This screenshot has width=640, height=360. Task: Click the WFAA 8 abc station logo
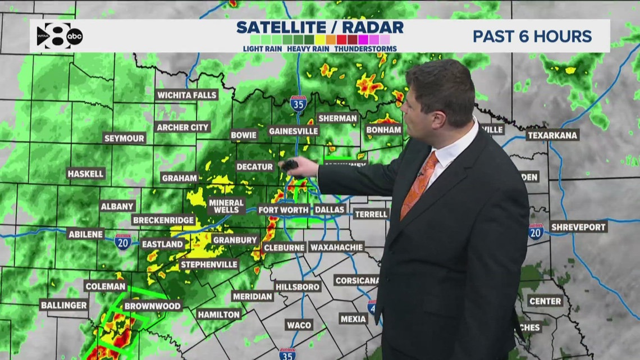point(60,35)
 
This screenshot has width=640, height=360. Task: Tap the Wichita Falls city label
point(187,95)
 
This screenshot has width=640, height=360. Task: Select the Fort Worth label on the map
point(283,210)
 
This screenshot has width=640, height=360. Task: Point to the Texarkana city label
point(552,135)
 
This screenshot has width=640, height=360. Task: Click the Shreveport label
point(578,227)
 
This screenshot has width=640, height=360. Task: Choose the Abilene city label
point(86,234)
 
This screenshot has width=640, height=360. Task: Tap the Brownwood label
point(152,306)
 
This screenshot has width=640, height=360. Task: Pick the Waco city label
point(299,325)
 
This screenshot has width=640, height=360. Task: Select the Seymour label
point(124,138)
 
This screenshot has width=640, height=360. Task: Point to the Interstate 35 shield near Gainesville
point(298,103)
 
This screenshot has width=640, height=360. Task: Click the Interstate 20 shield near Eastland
point(122,241)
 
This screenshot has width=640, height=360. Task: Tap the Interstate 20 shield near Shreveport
point(536,231)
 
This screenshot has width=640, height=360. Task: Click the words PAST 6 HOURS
point(532,37)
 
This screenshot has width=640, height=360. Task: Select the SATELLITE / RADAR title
point(319,27)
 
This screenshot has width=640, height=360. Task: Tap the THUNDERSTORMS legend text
point(365,49)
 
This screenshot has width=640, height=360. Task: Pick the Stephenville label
point(209,264)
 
